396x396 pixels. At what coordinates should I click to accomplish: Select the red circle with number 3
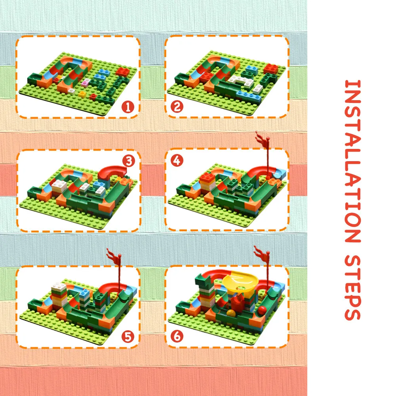128,161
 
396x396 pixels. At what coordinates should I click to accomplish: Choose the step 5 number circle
128,337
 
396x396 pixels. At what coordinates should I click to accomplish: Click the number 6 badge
177,336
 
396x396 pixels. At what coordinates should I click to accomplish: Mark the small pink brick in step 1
85,83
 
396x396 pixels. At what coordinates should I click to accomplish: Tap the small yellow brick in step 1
82,94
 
